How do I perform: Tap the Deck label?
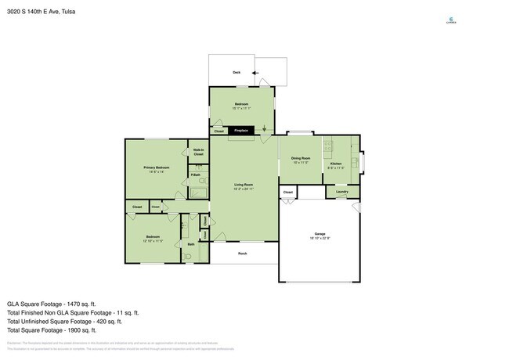coord(236,72)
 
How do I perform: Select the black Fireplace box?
coord(241,131)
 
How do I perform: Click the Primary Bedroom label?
coord(157,168)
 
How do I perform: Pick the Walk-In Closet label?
coord(199,151)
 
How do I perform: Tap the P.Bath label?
coord(195,175)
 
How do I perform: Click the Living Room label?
coord(244,185)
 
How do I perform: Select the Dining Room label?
coord(301,159)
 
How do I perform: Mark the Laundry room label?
coord(341,192)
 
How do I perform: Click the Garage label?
coord(321,235)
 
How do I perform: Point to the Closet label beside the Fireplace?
coord(218,131)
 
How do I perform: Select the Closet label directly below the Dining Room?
coord(288,192)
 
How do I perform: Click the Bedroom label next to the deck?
coord(243,104)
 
